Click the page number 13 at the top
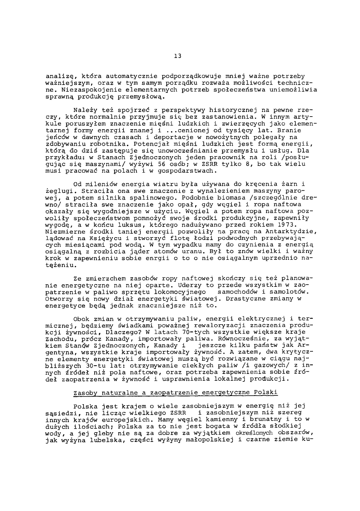click(x=177, y=56)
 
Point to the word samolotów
click(x=288, y=292)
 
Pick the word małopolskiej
click(x=213, y=440)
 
